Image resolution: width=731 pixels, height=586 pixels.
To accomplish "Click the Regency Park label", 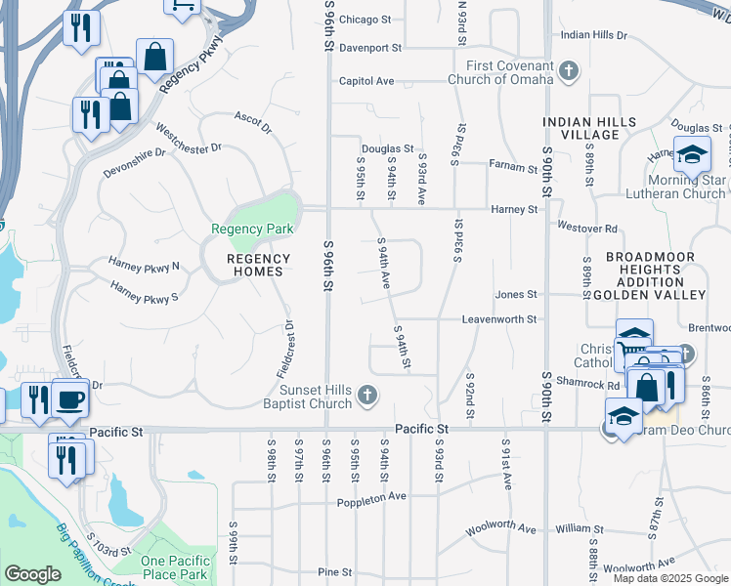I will coord(252,229).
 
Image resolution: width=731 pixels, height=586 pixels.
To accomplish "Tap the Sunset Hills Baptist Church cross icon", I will coord(366,395).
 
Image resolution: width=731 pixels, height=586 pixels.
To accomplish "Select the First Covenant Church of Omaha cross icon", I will coord(569,70).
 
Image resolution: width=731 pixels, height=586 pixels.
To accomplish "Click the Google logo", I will coord(32,574).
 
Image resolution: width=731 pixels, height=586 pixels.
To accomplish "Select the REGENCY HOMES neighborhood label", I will coord(258,266).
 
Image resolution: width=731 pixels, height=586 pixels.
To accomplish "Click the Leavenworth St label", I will coord(501,319).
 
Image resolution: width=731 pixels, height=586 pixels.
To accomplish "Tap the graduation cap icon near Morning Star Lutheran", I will coord(692,154).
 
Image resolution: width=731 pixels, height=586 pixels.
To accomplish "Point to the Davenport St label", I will coord(371,47).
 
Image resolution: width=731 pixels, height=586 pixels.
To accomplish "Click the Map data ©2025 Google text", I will coord(671,578).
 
